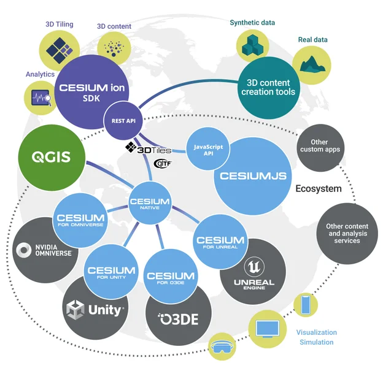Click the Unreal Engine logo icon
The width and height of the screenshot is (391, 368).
pos(254,267)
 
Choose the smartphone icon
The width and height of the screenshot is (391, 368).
pos(305,305)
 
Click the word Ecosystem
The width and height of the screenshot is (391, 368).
pos(318,189)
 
